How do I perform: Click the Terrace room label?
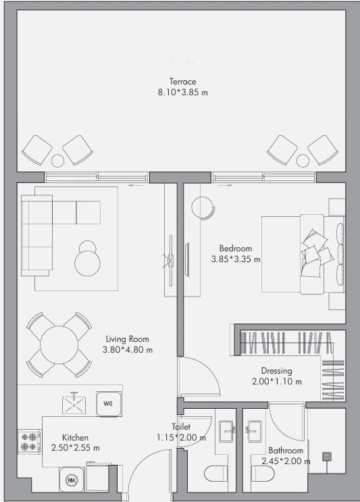(x=183, y=81)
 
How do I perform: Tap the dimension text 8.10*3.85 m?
(x=183, y=93)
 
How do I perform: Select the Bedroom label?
(x=236, y=248)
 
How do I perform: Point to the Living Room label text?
(x=128, y=339)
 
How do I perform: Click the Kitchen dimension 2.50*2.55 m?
(x=76, y=447)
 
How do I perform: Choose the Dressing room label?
(x=276, y=371)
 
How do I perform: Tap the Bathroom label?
(x=286, y=451)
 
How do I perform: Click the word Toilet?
(x=181, y=426)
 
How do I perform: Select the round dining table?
(x=59, y=345)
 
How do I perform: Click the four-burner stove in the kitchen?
(x=29, y=442)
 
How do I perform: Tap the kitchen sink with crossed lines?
(x=74, y=405)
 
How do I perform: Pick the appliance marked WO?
(x=109, y=404)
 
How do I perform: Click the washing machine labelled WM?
(x=72, y=480)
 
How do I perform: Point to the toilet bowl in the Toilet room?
(x=215, y=474)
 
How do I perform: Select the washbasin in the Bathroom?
(x=255, y=431)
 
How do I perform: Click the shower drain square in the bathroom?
(x=327, y=456)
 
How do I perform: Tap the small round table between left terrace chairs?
(x=57, y=161)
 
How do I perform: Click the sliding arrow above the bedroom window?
(x=226, y=185)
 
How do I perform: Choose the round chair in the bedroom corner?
(x=203, y=208)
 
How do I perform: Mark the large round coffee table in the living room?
(x=87, y=263)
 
